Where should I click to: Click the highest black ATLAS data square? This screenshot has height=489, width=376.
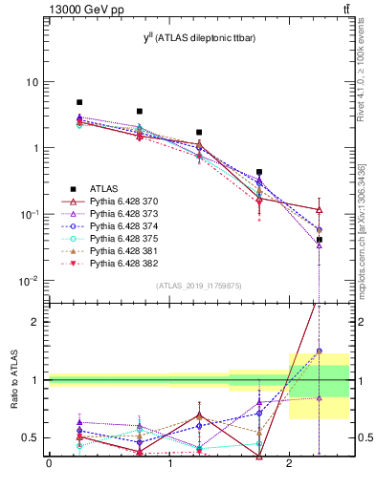coord(79,102)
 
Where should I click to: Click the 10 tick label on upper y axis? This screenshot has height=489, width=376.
coord(33,82)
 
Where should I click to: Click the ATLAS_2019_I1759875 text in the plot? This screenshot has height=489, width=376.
coord(198,286)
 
